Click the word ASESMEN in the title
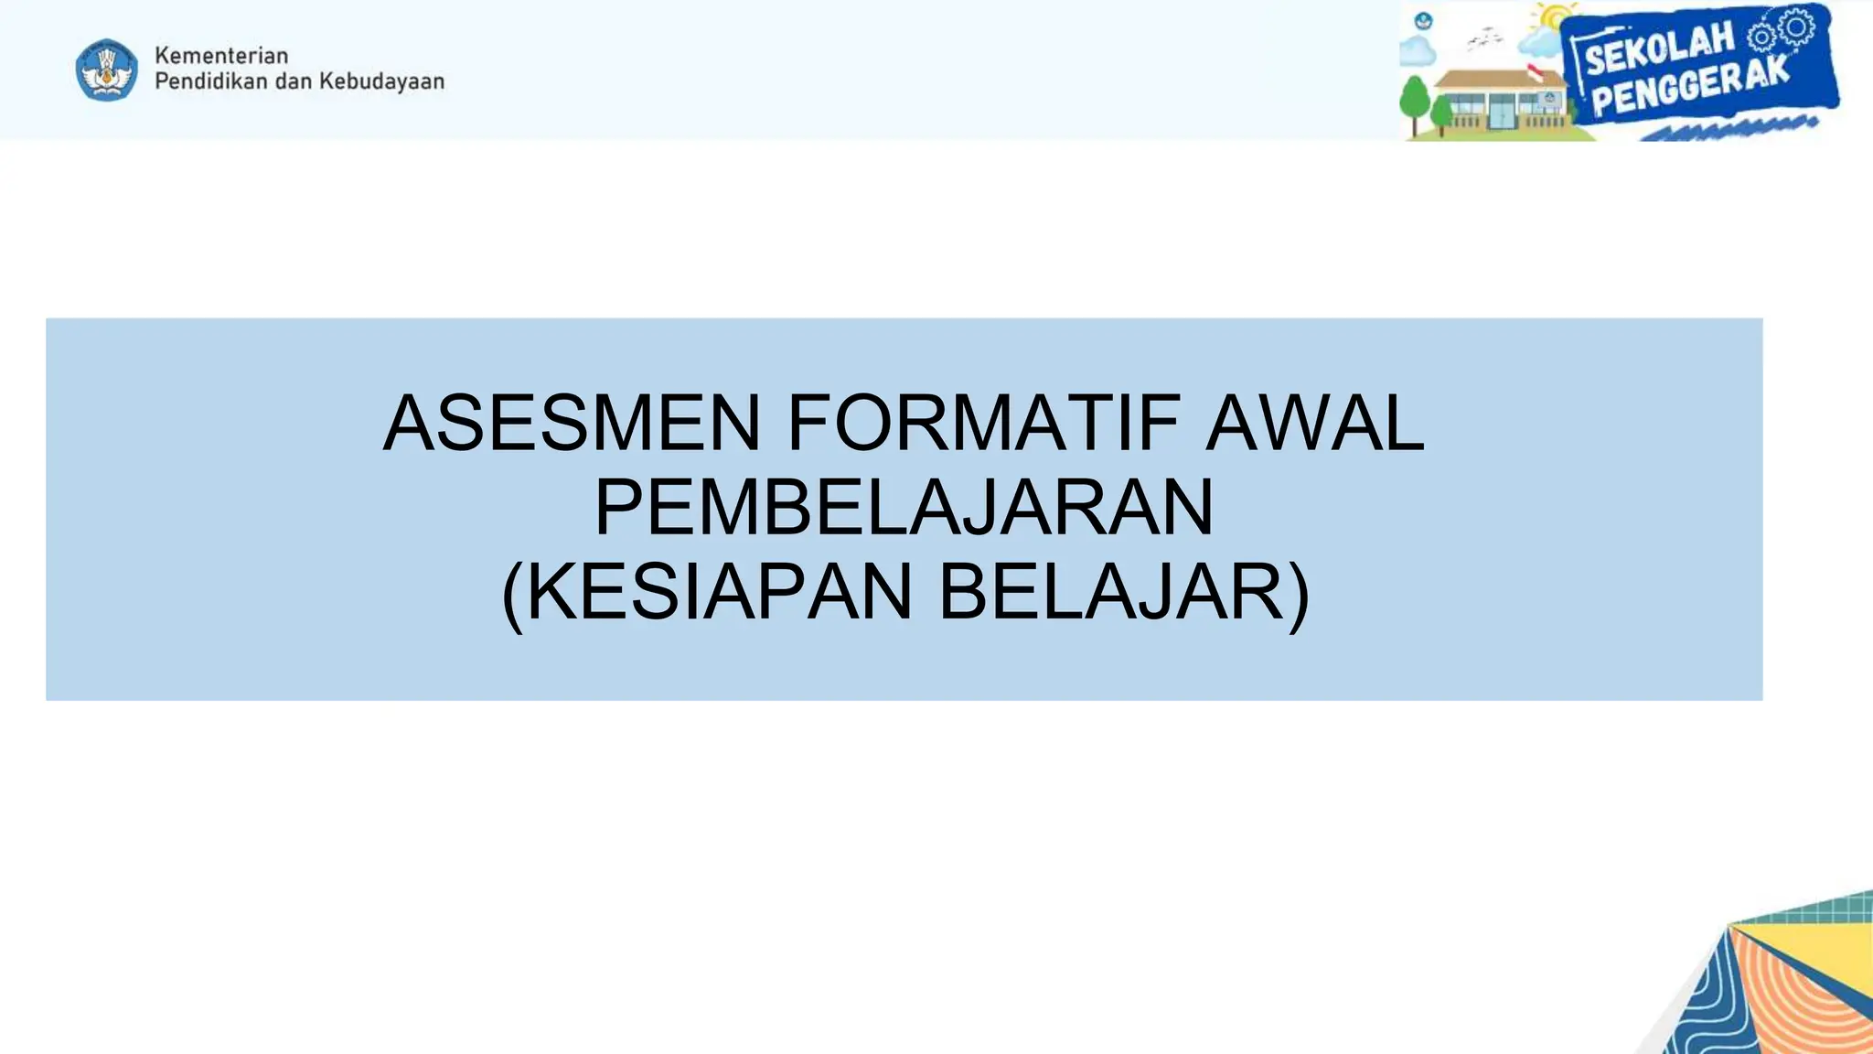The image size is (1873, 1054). point(572,423)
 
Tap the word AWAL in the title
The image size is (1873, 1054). point(1314,423)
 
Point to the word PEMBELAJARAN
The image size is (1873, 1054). point(904,507)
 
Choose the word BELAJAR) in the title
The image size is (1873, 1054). point(1124,592)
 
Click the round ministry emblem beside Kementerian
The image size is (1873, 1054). point(107,70)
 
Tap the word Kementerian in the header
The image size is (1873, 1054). point(221,56)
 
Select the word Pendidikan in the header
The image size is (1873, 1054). point(211,81)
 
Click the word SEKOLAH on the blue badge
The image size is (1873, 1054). point(1659,50)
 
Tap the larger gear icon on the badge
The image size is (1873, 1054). point(1797,27)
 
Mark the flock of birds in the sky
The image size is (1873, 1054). point(1484,38)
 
